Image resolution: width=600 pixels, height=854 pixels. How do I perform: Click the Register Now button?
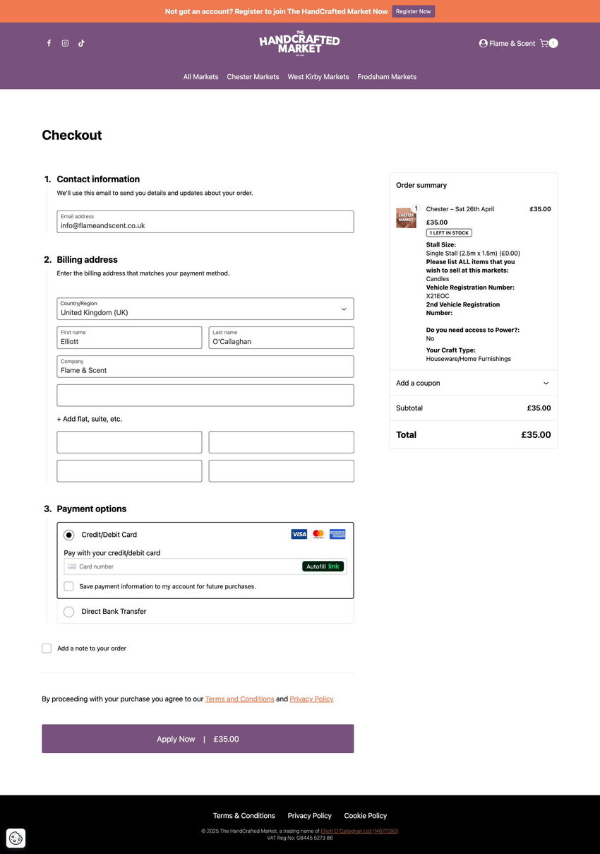pyautogui.click(x=413, y=11)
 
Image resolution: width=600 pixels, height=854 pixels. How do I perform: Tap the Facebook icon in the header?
pyautogui.click(x=49, y=43)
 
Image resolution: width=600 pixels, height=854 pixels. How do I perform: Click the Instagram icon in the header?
pyautogui.click(x=65, y=43)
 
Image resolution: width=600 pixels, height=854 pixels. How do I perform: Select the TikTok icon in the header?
pyautogui.click(x=81, y=43)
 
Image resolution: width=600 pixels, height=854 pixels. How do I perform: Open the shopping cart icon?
pyautogui.click(x=544, y=43)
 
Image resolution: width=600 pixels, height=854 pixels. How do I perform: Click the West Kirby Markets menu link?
pyautogui.click(x=318, y=77)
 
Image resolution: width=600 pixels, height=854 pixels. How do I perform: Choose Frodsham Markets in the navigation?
pyautogui.click(x=387, y=77)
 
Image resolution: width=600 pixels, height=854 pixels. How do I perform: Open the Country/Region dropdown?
pyautogui.click(x=205, y=309)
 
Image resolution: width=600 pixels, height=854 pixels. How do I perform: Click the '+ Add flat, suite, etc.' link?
pyautogui.click(x=90, y=419)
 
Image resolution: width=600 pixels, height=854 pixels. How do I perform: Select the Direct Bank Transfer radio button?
pyautogui.click(x=69, y=612)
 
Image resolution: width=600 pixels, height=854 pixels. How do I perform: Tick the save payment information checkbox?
pyautogui.click(x=68, y=586)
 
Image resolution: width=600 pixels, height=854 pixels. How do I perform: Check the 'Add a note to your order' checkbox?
pyautogui.click(x=47, y=648)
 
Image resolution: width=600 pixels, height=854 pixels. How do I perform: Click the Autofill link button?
pyautogui.click(x=323, y=567)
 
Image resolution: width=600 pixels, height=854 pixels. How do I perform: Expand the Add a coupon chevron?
pyautogui.click(x=546, y=383)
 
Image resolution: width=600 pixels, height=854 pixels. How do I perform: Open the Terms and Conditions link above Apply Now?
pyautogui.click(x=239, y=699)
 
